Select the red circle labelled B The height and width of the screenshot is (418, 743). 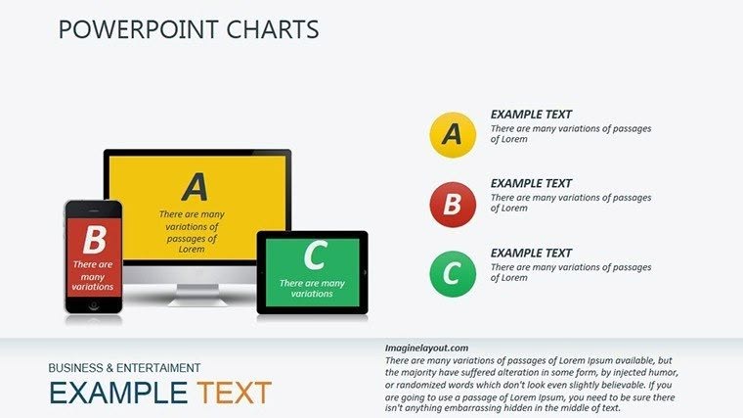pos(452,204)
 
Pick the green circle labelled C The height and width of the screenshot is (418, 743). pos(452,273)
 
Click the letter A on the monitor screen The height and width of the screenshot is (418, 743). pos(196,186)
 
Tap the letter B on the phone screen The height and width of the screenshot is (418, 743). pos(94,240)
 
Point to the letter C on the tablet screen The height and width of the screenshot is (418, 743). pos(314,256)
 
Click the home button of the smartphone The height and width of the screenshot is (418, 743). pos(94,305)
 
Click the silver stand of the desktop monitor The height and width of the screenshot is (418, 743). pos(197,291)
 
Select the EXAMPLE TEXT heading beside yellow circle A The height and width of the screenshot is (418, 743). pos(531,115)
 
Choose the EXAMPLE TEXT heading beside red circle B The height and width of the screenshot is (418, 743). pos(531,183)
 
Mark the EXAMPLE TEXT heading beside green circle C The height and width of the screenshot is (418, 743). pos(531,254)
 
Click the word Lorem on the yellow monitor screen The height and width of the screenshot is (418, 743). pos(192,250)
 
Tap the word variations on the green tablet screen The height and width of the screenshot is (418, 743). pos(312,294)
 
